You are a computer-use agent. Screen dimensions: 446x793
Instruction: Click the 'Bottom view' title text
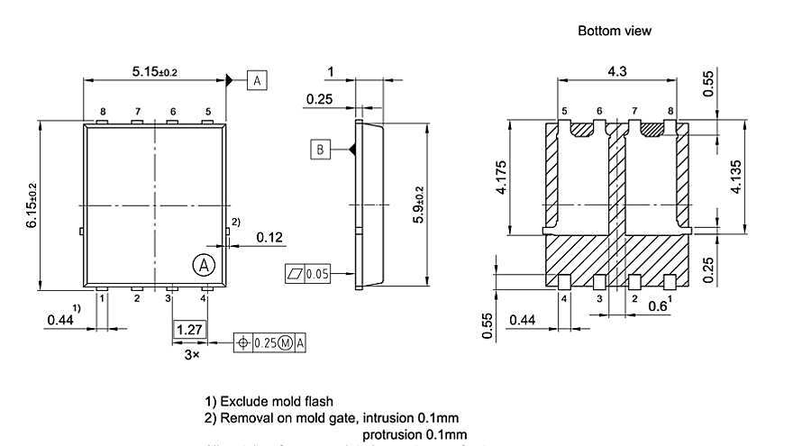pyautogui.click(x=614, y=31)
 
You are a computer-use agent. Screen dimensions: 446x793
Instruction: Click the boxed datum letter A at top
pyautogui.click(x=257, y=81)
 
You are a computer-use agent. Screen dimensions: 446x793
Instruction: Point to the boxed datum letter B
pyautogui.click(x=320, y=149)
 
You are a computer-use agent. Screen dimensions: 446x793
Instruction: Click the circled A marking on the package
pyautogui.click(x=205, y=264)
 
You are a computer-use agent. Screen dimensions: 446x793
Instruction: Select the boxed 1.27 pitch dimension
pyautogui.click(x=189, y=330)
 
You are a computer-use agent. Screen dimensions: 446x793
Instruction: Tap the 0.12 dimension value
pyautogui.click(x=269, y=237)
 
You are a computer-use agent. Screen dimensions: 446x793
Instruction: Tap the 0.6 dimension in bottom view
pyautogui.click(x=659, y=307)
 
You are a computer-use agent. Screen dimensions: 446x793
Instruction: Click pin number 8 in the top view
pyautogui.click(x=103, y=112)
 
